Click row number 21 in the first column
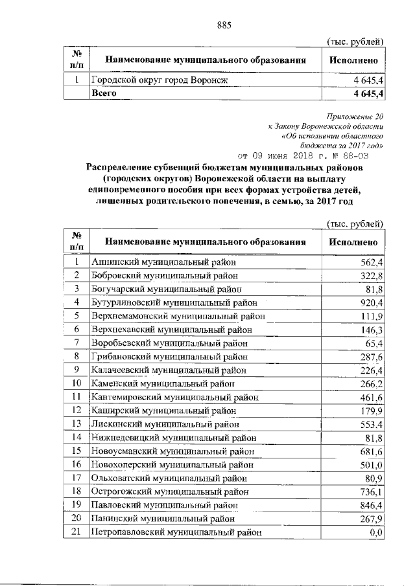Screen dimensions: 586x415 pyautogui.click(x=77, y=532)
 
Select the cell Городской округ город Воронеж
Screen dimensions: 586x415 pyautogui.click(x=160, y=80)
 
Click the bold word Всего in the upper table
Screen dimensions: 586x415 pyautogui.click(x=104, y=93)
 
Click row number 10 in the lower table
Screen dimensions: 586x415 pyautogui.click(x=77, y=383)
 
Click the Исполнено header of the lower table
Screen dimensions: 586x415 pyautogui.click(x=353, y=242)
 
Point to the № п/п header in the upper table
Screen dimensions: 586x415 pyautogui.click(x=76, y=60)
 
